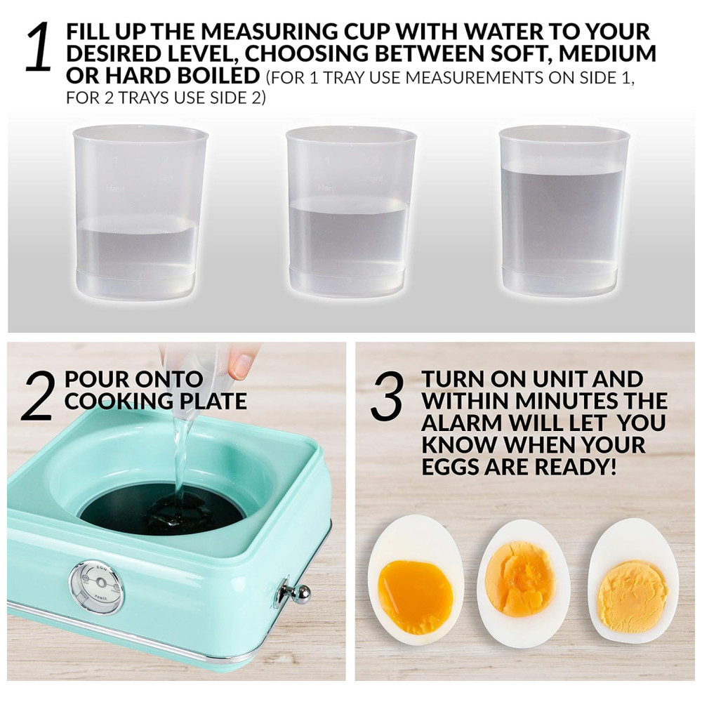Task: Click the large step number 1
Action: [39, 47]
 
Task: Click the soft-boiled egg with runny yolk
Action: [416, 581]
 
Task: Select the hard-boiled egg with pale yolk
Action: [633, 581]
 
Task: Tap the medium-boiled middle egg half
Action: [522, 583]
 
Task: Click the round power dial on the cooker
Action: [97, 583]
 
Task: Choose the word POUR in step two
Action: [93, 379]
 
